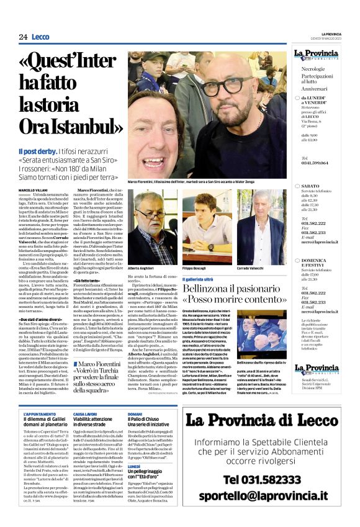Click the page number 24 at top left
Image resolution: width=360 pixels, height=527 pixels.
coord(23,37)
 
